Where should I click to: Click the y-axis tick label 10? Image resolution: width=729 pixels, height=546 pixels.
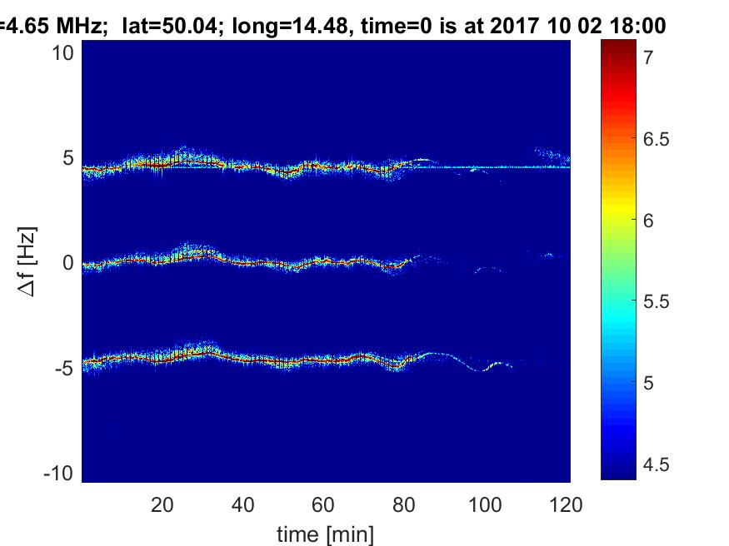point(65,53)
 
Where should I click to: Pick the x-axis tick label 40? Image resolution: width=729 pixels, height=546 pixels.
point(242,504)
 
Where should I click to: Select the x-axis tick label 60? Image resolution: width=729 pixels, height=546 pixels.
point(323,504)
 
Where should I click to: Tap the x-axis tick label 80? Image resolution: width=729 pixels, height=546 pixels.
point(404,504)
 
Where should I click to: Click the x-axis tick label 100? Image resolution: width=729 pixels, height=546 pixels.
point(485,504)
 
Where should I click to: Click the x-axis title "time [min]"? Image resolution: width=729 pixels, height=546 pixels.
point(326,533)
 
